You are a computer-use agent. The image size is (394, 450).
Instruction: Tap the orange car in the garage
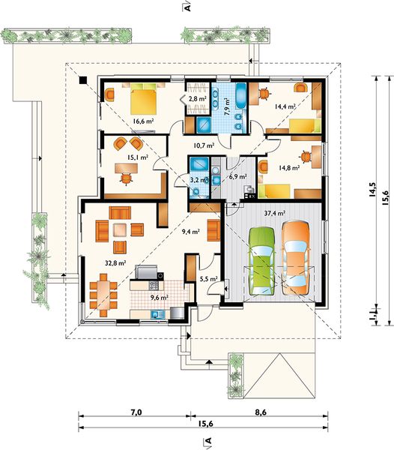pyautogui.click(x=295, y=257)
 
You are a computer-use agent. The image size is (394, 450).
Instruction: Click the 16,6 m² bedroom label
pyautogui.click(x=143, y=121)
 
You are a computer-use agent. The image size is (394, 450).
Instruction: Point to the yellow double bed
pyautogui.click(x=144, y=99)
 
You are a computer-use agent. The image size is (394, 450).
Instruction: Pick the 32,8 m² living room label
pyautogui.click(x=115, y=263)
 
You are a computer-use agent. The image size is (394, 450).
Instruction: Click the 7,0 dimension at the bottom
pyautogui.click(x=136, y=412)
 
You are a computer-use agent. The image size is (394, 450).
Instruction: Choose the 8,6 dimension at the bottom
pyautogui.click(x=261, y=412)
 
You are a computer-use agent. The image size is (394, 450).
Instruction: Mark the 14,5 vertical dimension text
pyautogui.click(x=372, y=190)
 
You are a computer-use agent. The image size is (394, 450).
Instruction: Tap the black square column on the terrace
pyautogui.click(x=83, y=80)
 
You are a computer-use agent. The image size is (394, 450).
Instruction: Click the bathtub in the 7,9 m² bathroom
pyautogui.click(x=240, y=97)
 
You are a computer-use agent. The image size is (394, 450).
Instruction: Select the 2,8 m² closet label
pyautogui.click(x=198, y=99)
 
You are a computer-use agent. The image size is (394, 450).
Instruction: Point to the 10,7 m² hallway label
pyautogui.click(x=204, y=145)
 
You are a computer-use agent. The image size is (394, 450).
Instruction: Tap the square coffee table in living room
pyautogui.click(x=120, y=229)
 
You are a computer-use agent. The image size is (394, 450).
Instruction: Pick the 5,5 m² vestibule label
pyautogui.click(x=208, y=278)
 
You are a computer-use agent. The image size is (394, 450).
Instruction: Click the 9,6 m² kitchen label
pyautogui.click(x=160, y=297)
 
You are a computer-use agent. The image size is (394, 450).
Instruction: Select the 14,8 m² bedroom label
pyautogui.click(x=289, y=167)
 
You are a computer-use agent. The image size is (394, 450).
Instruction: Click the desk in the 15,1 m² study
pyautogui.click(x=127, y=168)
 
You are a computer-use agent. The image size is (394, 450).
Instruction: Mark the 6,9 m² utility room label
pyautogui.click(x=238, y=177)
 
